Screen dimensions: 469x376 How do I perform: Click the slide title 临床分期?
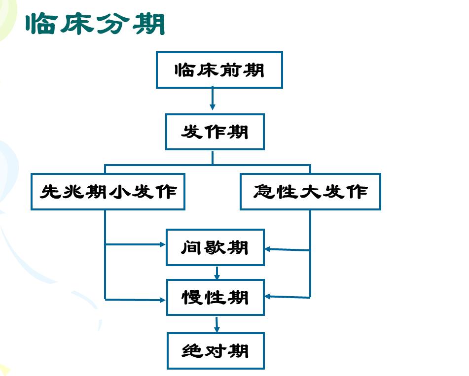tap(95, 24)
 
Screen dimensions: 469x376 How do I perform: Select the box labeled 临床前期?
tap(219, 70)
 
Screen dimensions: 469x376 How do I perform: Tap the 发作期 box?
tap(215, 132)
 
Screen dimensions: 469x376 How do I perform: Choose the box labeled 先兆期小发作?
tap(108, 192)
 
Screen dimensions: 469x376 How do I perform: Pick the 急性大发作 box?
tap(310, 192)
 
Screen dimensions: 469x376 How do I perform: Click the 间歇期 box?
tap(215, 247)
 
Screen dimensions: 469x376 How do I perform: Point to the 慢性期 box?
tap(216, 297)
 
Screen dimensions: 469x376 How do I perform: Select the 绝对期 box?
tap(216, 351)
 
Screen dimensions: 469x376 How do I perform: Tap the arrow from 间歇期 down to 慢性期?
tap(217, 273)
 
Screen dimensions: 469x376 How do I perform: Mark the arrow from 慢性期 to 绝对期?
tap(216, 324)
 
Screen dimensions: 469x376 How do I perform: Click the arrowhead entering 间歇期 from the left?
tap(163, 244)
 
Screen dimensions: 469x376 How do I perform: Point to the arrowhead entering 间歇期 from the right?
tap(268, 249)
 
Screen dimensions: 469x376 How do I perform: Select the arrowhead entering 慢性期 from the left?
tap(163, 300)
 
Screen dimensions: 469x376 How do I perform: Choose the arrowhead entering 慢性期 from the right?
tap(268, 297)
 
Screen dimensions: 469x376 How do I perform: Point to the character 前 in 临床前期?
tap(230, 70)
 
